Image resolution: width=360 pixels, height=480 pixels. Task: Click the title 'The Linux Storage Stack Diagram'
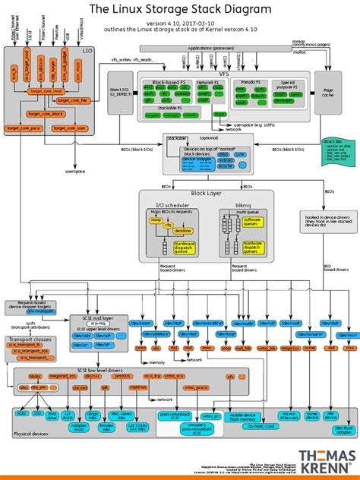180,9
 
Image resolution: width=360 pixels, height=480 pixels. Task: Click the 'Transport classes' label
30,340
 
